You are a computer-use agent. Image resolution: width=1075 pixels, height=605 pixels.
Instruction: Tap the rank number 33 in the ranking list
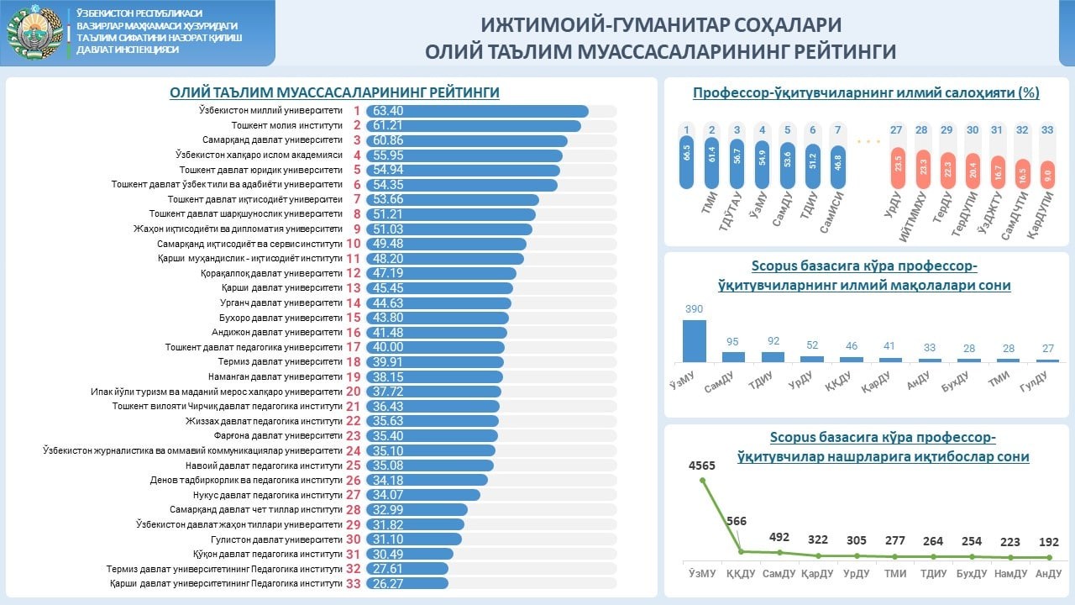(354, 583)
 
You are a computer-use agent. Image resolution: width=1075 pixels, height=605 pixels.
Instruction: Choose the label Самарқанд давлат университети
(272, 139)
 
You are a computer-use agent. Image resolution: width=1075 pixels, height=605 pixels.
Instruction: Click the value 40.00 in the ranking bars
(387, 347)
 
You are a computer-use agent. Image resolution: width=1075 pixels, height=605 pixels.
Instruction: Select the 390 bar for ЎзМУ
(694, 340)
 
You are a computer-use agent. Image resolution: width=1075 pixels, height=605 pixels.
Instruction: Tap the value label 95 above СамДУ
(733, 341)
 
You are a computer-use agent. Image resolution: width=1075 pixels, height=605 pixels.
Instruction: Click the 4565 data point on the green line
(702, 480)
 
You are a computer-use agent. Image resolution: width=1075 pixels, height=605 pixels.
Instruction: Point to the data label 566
(737, 521)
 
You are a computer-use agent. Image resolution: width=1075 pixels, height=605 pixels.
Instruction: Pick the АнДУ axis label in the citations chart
(1048, 573)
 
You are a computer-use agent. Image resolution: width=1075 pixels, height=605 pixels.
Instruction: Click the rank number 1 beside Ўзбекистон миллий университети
(356, 111)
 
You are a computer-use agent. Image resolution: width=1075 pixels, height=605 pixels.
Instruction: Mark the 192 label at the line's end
(1048, 542)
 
